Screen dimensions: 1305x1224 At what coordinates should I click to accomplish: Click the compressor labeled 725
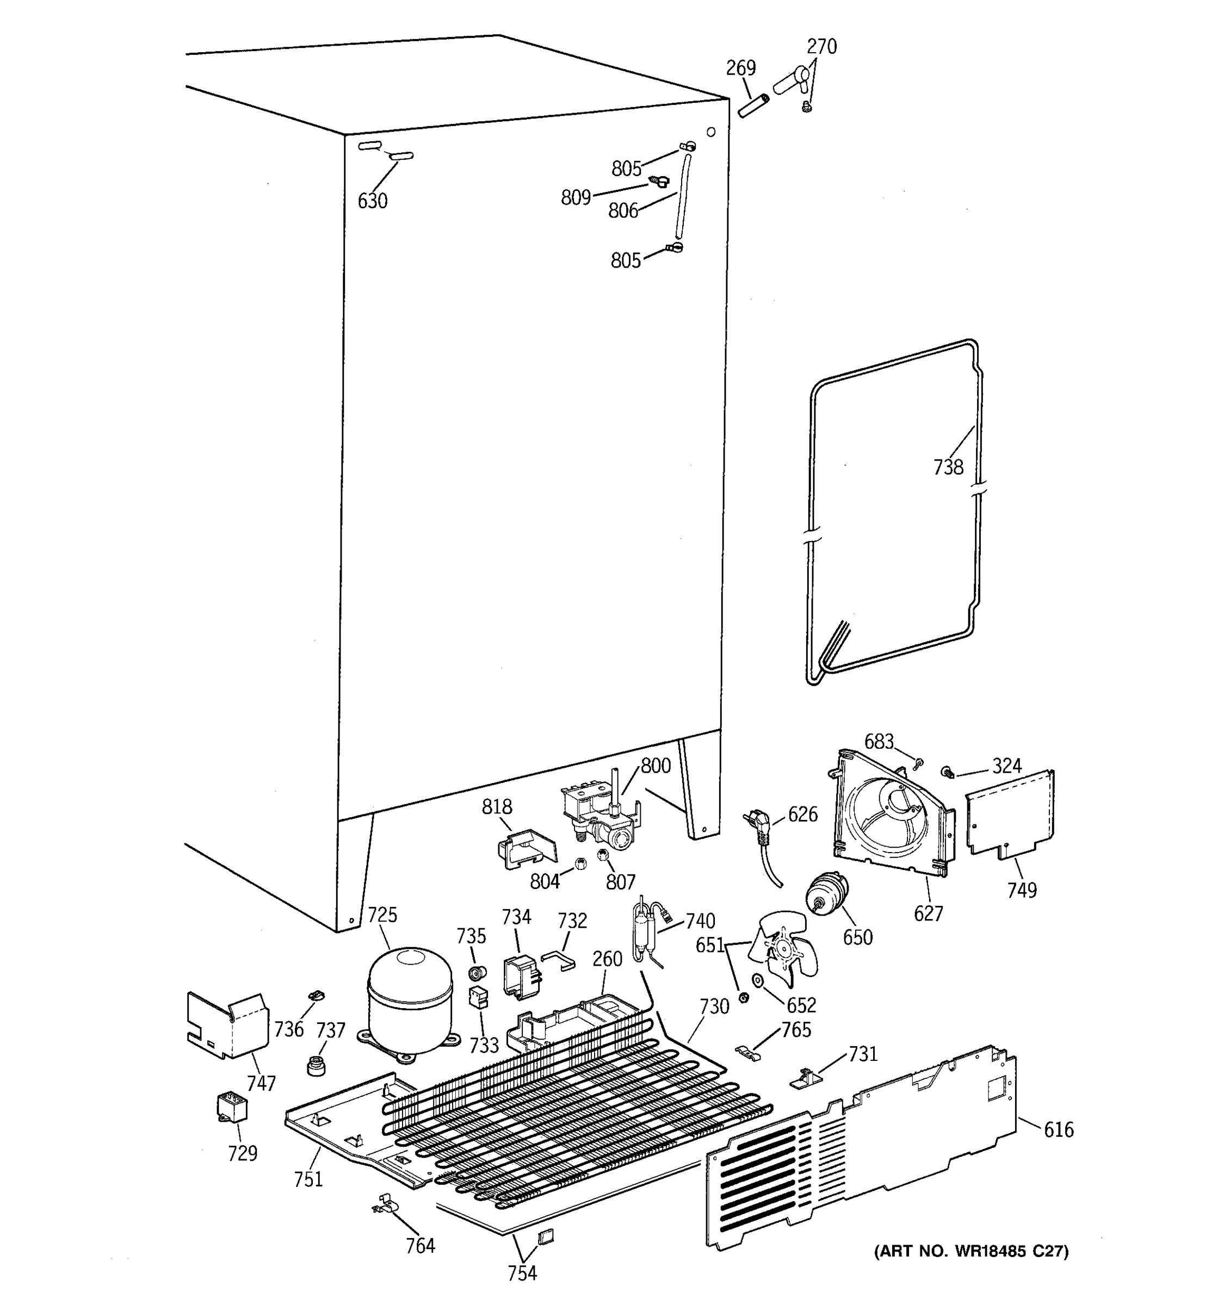click(x=410, y=1001)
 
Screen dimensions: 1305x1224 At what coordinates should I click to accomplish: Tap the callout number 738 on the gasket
click(x=948, y=468)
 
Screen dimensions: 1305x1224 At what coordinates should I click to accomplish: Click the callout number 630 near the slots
click(x=372, y=201)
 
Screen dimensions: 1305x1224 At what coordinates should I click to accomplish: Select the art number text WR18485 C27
click(x=971, y=1251)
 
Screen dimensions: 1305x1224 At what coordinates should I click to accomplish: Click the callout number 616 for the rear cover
click(x=1059, y=1130)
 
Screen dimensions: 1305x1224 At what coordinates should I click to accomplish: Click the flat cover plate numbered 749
click(x=1010, y=814)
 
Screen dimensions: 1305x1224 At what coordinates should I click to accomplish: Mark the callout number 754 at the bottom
click(x=522, y=1273)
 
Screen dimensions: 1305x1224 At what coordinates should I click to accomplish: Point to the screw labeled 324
click(x=948, y=773)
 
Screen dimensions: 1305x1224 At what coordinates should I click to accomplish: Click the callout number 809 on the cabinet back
click(x=576, y=197)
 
